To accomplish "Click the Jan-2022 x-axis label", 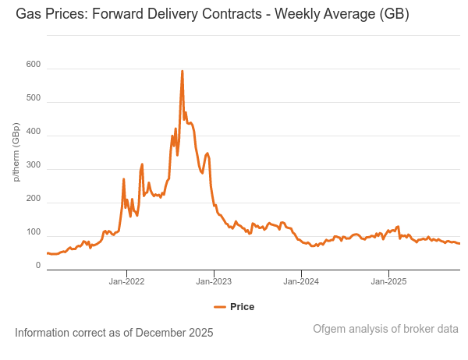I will (x=126, y=281).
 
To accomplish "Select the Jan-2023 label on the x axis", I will (x=214, y=281).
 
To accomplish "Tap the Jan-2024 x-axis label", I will (x=301, y=281).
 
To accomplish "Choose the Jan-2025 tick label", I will (x=388, y=281).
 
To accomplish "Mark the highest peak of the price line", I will (x=183, y=72).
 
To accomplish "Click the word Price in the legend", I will (x=242, y=307).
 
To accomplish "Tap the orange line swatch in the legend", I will (x=220, y=307).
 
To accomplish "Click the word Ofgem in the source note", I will (x=329, y=329).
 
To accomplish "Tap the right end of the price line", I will (x=459, y=244).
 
